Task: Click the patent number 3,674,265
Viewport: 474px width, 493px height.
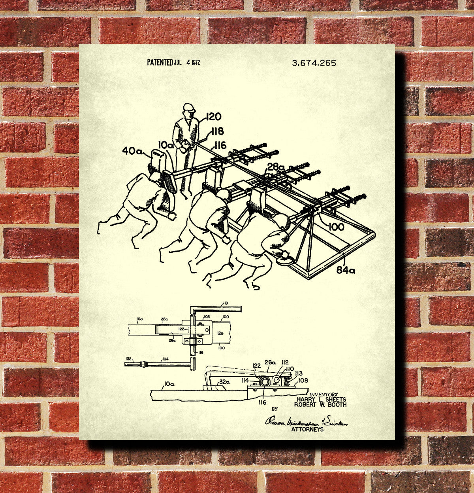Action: [314, 63]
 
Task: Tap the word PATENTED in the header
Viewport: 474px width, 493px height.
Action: [160, 62]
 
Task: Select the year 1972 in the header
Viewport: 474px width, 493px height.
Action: [196, 63]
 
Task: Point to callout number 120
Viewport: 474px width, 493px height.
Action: [213, 117]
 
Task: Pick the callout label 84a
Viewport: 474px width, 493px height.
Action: [346, 270]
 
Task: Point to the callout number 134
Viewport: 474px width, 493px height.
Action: [164, 359]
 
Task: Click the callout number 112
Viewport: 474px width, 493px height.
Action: [285, 362]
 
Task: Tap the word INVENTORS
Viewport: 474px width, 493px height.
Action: [324, 394]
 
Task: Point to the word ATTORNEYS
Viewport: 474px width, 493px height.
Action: [307, 429]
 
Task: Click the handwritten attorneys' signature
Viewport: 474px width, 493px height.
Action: [306, 422]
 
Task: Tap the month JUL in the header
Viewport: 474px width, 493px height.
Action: [177, 63]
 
